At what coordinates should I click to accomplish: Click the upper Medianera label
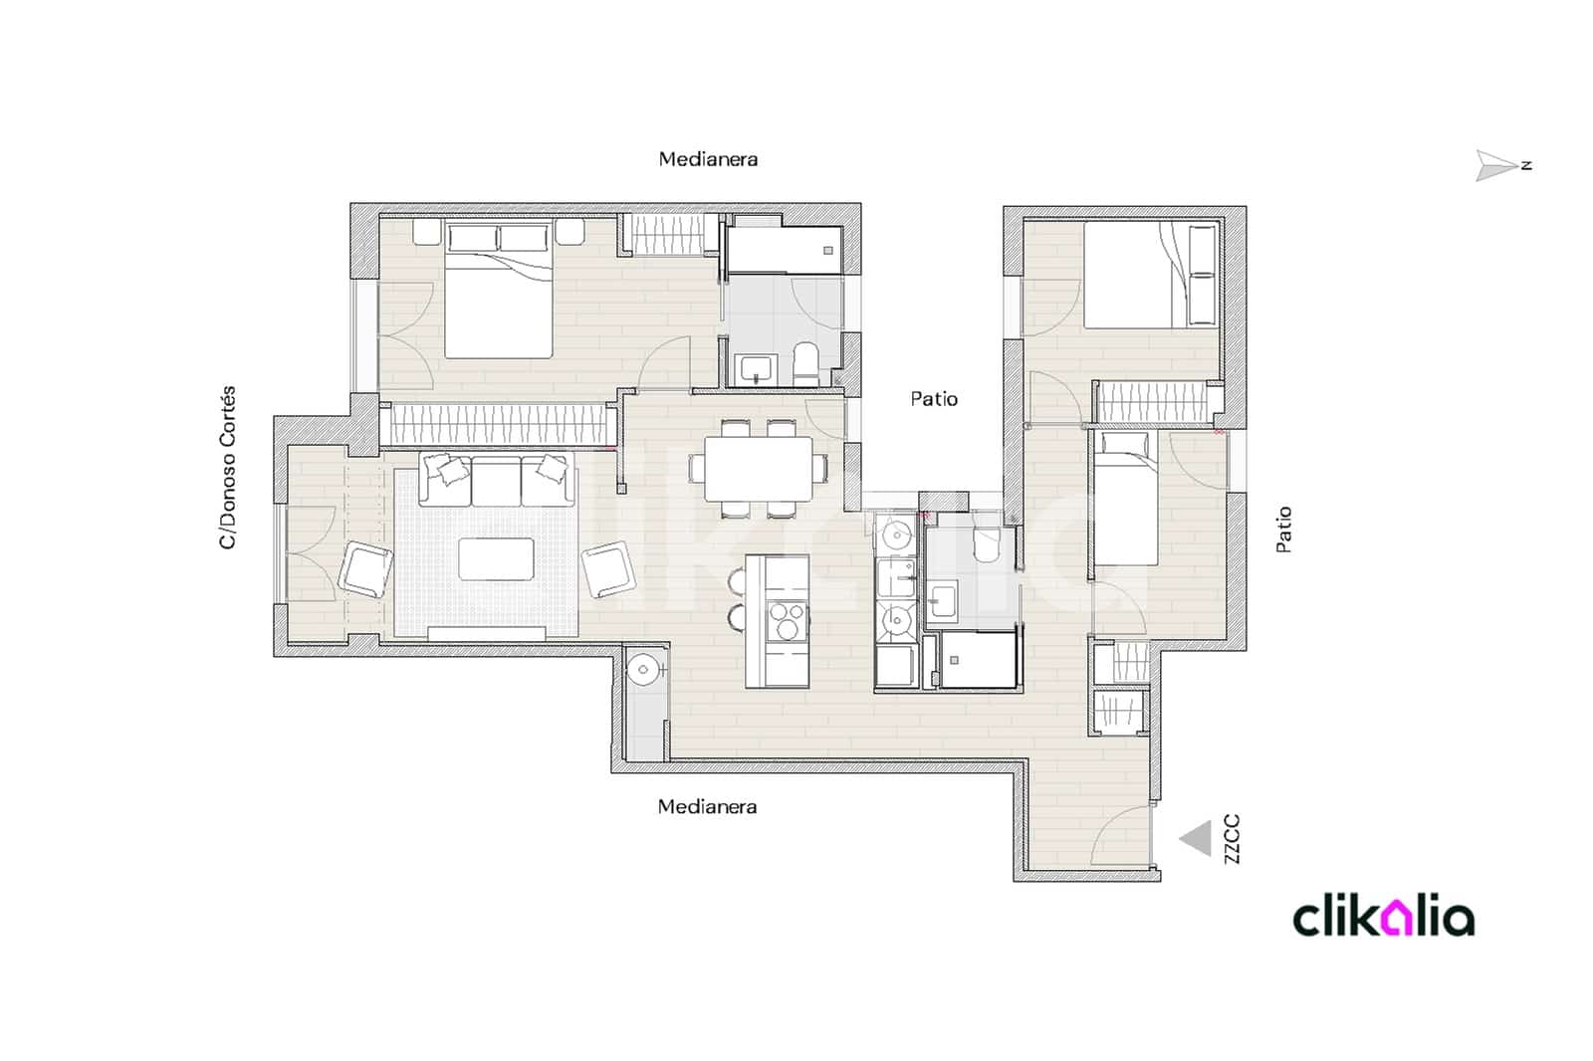click(708, 159)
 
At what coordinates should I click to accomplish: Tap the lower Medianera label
click(707, 807)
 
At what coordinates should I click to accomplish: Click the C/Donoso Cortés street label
click(228, 468)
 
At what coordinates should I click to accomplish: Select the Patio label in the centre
click(934, 399)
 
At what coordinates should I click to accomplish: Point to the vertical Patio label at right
click(1284, 530)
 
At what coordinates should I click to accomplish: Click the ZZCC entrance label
click(1232, 839)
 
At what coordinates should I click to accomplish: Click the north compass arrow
click(1496, 165)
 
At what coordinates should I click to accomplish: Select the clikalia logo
click(1383, 917)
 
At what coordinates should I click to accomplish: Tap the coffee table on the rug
click(496, 558)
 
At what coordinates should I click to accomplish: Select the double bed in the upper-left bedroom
click(498, 299)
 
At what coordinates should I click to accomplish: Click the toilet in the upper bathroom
click(805, 364)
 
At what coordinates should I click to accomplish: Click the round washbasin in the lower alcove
click(645, 669)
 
